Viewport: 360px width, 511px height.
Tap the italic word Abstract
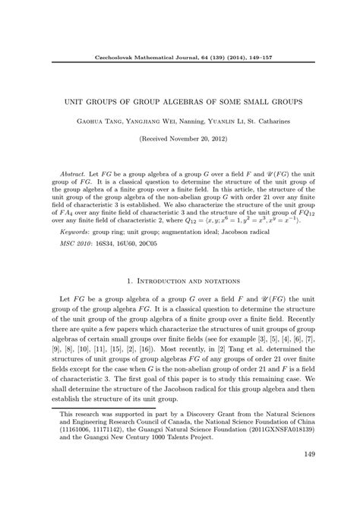point(73,174)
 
